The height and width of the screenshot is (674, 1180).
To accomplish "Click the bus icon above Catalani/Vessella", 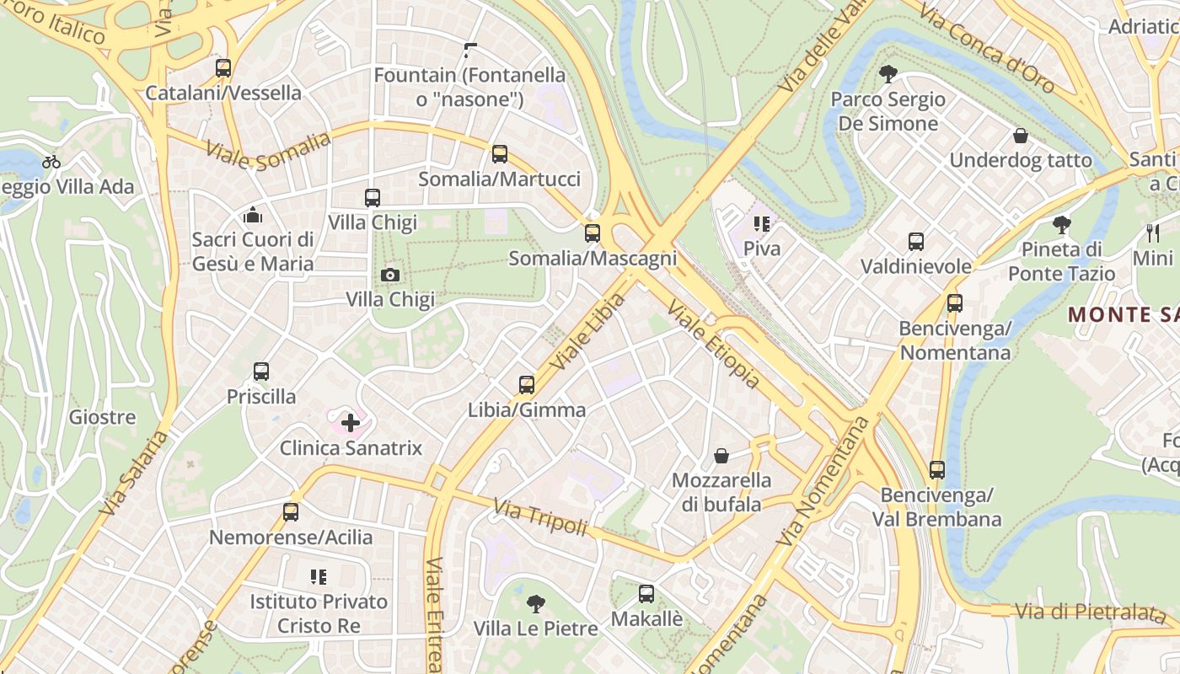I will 223,68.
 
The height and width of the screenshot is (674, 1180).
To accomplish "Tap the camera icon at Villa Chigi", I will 389,275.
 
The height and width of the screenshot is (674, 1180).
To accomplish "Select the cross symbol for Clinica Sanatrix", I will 351,422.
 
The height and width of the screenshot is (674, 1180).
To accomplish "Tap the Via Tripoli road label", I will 539,516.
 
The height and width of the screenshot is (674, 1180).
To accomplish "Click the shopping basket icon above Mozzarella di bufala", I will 721,456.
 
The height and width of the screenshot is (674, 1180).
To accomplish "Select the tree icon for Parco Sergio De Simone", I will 887,74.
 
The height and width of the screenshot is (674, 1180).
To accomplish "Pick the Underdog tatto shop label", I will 1020,160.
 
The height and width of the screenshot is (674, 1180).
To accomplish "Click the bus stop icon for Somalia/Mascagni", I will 593,233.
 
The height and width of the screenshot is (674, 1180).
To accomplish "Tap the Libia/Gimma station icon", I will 527,385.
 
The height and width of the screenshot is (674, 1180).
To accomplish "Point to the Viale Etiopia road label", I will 713,345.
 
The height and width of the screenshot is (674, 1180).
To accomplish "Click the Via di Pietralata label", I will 1090,612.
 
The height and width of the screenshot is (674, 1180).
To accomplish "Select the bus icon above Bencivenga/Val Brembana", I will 936,470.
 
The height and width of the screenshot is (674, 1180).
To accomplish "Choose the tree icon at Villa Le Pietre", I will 535,603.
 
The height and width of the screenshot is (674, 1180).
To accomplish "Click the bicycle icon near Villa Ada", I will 51,162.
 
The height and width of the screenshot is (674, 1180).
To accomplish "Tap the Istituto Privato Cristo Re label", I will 319,613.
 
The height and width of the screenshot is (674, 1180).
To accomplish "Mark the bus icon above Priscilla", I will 261,372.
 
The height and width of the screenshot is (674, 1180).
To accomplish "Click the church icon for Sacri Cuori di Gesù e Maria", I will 252,215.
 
